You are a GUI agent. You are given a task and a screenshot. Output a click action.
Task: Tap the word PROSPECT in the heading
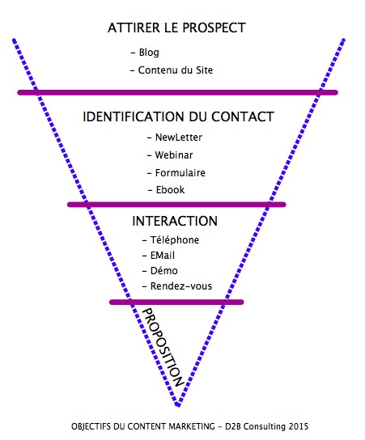pyautogui.click(x=214, y=27)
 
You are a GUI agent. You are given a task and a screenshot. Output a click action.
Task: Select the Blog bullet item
pyautogui.click(x=145, y=53)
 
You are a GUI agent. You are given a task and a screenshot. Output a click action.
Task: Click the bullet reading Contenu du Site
pyautogui.click(x=172, y=70)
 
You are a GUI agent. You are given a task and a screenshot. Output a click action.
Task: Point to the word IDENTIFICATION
pyautogui.click(x=134, y=116)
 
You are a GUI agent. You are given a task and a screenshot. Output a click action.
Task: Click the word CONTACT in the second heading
pyautogui.click(x=242, y=116)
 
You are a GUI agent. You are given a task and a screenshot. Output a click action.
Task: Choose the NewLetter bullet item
pyautogui.click(x=175, y=137)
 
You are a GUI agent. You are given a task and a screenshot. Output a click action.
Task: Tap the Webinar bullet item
pyautogui.click(x=170, y=155)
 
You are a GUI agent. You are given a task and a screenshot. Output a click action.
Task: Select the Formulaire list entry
pyautogui.click(x=176, y=173)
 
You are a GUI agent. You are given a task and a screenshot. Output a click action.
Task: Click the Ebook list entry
pyautogui.click(x=166, y=190)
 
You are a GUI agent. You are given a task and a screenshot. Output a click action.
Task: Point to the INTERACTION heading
pyautogui.click(x=175, y=221)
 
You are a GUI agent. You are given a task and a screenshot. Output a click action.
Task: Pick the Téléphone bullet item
pyautogui.click(x=171, y=240)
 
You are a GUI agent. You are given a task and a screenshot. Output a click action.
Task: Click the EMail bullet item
pyautogui.click(x=159, y=256)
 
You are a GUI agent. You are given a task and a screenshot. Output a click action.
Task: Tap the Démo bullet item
pyautogui.click(x=160, y=271)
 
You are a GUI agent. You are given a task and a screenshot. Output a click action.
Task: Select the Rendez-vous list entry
pyautogui.click(x=177, y=286)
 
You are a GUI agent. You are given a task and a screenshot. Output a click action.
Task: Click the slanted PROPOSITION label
pyautogui.click(x=163, y=348)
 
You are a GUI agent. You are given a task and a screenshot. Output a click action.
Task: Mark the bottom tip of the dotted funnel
pyautogui.click(x=177, y=405)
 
